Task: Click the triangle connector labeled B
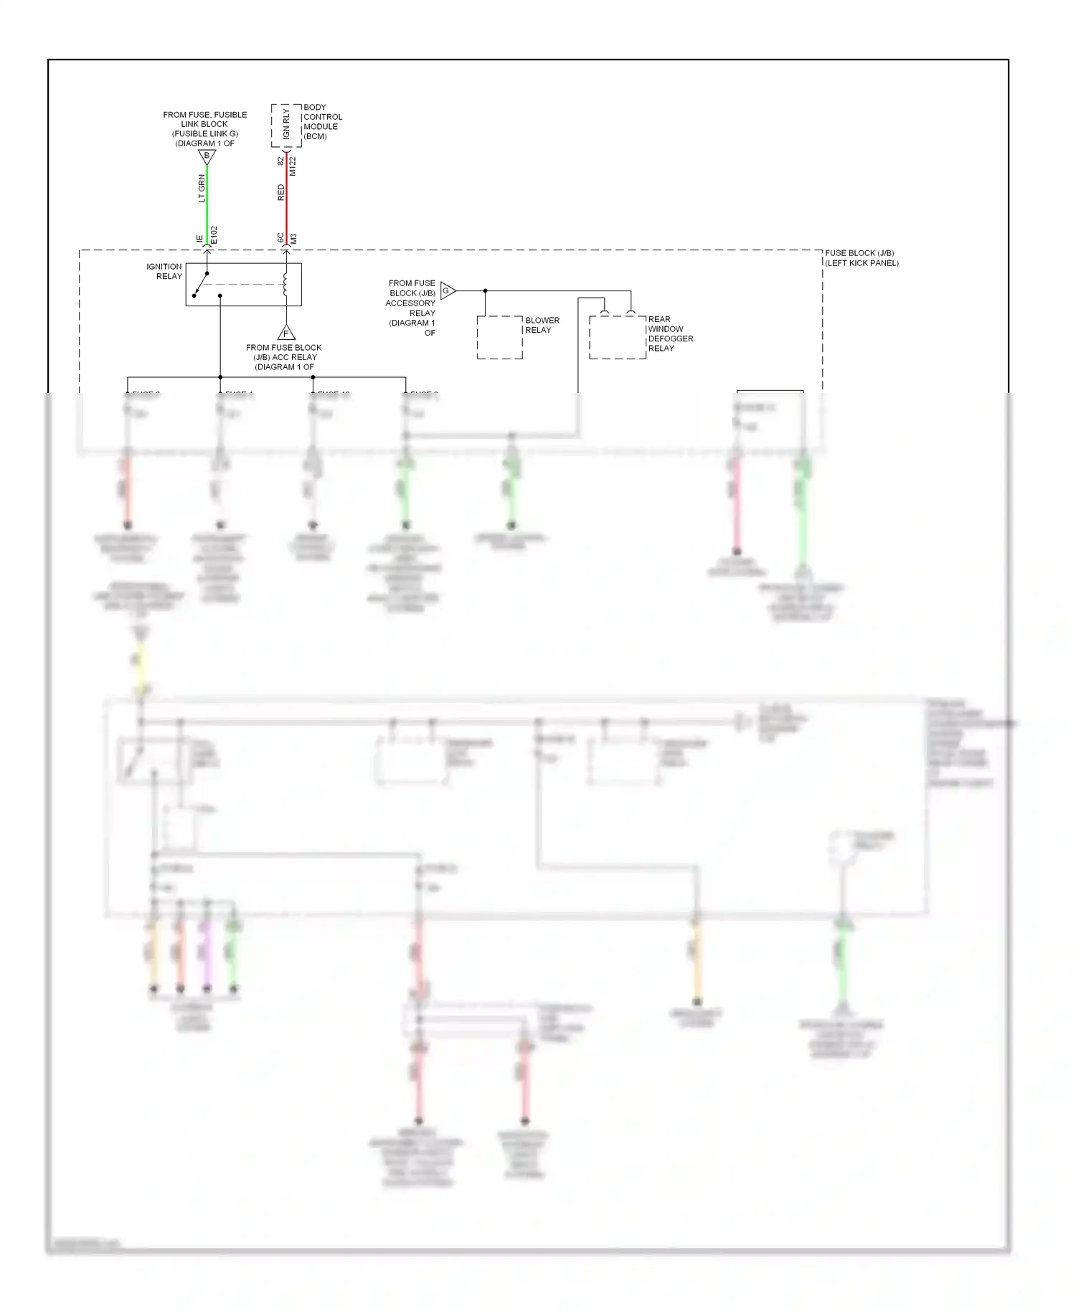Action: tap(207, 156)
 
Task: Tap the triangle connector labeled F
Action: tap(286, 333)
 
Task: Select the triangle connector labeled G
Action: tap(447, 290)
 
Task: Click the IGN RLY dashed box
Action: tap(286, 126)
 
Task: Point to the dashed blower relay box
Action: tap(499, 337)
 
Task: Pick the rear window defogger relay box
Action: tap(617, 337)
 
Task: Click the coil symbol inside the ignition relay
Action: tap(285, 284)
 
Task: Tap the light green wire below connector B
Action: tap(207, 204)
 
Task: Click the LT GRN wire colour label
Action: tap(202, 188)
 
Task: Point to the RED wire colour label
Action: tap(280, 192)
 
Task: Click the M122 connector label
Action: tap(293, 166)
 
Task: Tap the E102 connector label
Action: tap(214, 235)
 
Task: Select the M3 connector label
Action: tap(293, 238)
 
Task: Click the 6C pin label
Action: tap(280, 237)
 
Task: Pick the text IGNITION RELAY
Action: tap(164, 271)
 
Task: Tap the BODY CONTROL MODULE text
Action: tap(322, 121)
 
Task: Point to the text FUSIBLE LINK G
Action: tap(204, 133)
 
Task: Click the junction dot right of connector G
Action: tap(486, 290)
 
